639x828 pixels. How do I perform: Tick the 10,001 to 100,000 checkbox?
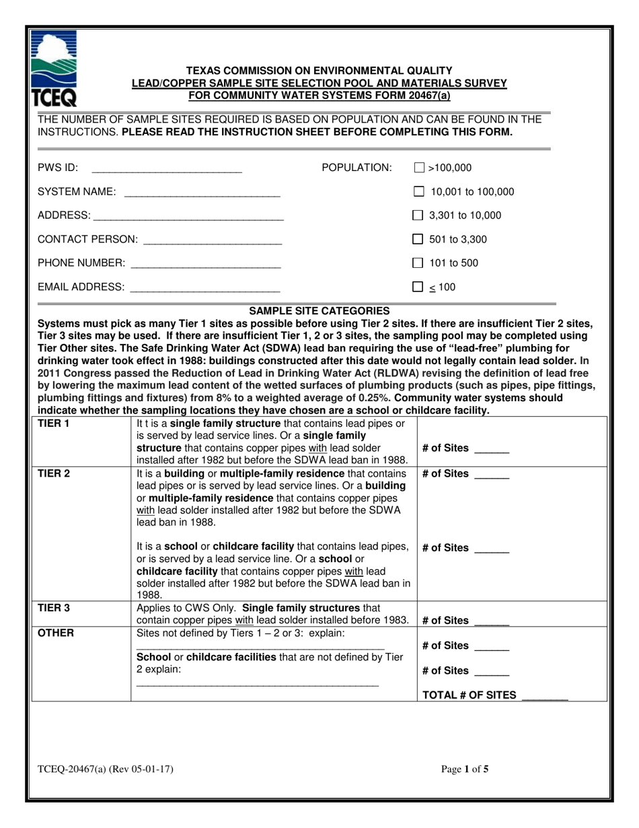(x=418, y=192)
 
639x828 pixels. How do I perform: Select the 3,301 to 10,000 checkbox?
(x=418, y=216)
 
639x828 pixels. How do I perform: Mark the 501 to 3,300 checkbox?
(x=418, y=240)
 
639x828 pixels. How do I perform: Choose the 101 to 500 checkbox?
(x=418, y=263)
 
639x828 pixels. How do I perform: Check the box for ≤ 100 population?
(x=418, y=287)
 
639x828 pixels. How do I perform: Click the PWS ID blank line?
(x=166, y=170)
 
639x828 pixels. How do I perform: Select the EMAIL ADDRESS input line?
(x=204, y=289)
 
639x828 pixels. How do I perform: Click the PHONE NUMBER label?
(x=81, y=263)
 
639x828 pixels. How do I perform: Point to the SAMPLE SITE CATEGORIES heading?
(x=319, y=311)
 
